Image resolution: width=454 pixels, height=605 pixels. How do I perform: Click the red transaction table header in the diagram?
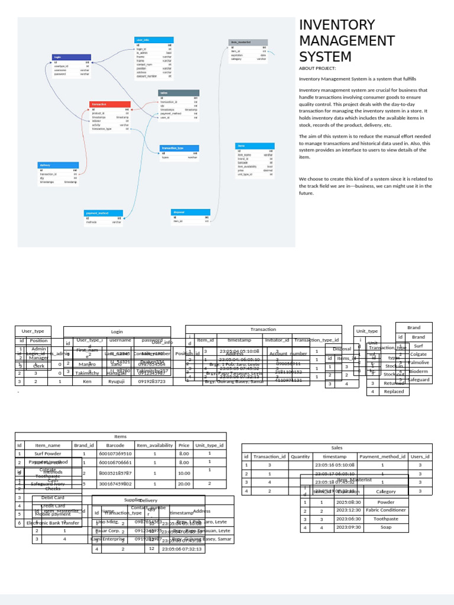point(110,104)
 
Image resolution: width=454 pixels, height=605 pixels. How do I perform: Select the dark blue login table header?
point(71,57)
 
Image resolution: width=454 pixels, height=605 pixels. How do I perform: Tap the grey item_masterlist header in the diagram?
point(248,43)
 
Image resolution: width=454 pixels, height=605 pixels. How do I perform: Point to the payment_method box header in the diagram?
point(103,213)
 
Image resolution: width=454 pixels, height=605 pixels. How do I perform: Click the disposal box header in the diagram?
point(190,212)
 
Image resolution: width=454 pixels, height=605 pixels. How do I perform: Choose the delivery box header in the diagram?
point(58,165)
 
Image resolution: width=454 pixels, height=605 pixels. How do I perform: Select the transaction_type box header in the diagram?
point(179,148)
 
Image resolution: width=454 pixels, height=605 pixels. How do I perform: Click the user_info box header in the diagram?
point(154,40)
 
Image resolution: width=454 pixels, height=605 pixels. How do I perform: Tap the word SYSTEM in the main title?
point(325,57)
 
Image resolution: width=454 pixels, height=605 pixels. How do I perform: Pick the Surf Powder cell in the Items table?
point(47,454)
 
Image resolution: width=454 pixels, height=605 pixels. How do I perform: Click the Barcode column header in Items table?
point(115,445)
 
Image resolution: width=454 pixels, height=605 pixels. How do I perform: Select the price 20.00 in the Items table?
point(184,483)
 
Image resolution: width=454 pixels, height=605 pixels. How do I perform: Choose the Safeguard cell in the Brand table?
point(419,380)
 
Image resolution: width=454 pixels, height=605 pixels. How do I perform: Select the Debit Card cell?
point(53,497)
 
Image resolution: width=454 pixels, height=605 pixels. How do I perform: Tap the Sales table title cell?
point(337,448)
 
